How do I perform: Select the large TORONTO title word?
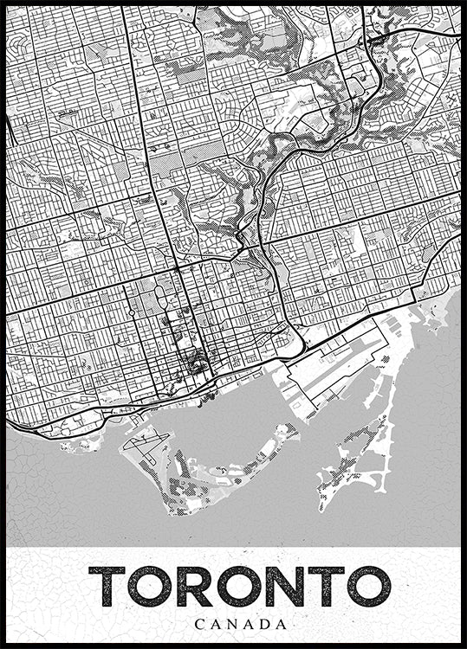coord(239,588)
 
